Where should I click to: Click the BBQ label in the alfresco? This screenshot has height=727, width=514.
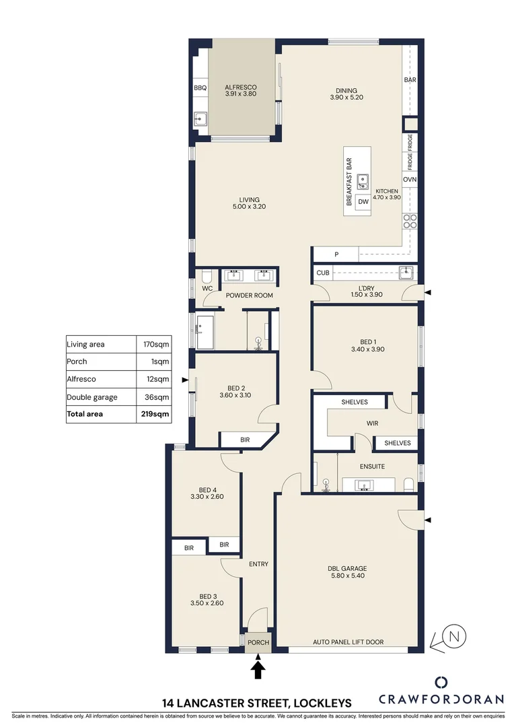[x=200, y=88]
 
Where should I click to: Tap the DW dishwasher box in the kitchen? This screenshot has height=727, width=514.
[x=363, y=201]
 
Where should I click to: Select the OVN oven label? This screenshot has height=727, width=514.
[x=410, y=180]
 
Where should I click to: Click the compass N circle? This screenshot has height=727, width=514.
[x=455, y=635]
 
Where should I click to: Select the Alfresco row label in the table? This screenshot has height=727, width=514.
[x=81, y=380]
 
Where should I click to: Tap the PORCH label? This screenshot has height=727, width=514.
[x=258, y=643]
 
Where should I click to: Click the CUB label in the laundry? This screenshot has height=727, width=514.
[x=323, y=273]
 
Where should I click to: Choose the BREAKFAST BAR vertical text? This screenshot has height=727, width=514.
[x=349, y=182]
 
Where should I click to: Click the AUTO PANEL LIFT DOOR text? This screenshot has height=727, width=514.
[x=348, y=642]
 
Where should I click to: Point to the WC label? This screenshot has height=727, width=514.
[x=208, y=288]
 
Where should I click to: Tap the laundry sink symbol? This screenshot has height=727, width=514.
[x=406, y=273]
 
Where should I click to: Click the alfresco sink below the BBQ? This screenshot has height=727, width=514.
[x=200, y=120]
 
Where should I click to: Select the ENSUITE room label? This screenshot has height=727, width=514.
[x=373, y=466]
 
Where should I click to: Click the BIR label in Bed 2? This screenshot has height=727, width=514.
[x=245, y=440]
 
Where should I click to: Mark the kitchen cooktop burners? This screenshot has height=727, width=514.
[x=410, y=221]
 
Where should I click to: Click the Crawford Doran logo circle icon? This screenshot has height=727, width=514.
[x=441, y=682]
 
